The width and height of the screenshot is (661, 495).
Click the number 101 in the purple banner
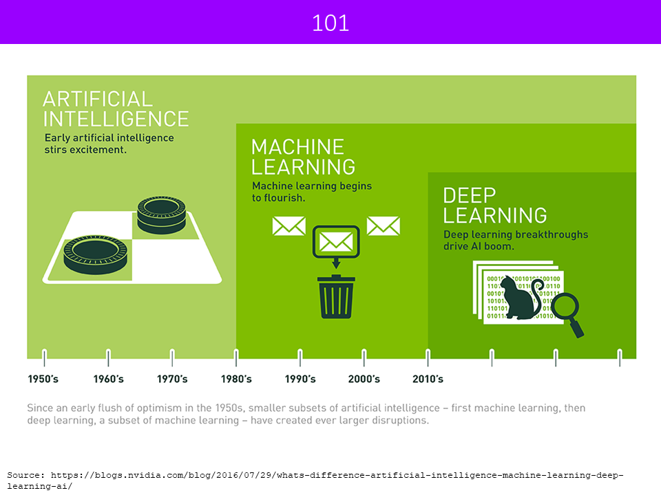pyautogui.click(x=330, y=23)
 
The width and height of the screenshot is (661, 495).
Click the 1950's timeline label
pyautogui.click(x=43, y=379)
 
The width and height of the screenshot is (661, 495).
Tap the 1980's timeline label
pyautogui.click(x=236, y=379)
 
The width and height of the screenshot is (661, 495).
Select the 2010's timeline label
pyautogui.click(x=428, y=379)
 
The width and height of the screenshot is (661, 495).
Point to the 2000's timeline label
pyautogui.click(x=364, y=379)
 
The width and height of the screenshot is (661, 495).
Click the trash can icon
pyautogui.click(x=336, y=296)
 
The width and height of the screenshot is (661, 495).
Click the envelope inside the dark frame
pyautogui.click(x=336, y=242)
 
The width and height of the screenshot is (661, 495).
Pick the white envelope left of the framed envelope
pyautogui.click(x=288, y=226)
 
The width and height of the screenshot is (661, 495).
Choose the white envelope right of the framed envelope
pyautogui.click(x=384, y=226)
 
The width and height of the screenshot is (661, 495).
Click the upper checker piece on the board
pyautogui.click(x=161, y=214)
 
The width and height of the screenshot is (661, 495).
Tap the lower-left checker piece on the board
pyautogui.click(x=95, y=254)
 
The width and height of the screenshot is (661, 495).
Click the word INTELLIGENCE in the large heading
pyautogui.click(x=116, y=119)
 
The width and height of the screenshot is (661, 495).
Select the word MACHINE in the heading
pyautogui.click(x=297, y=147)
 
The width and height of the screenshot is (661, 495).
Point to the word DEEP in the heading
pyautogui.click(x=469, y=196)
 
